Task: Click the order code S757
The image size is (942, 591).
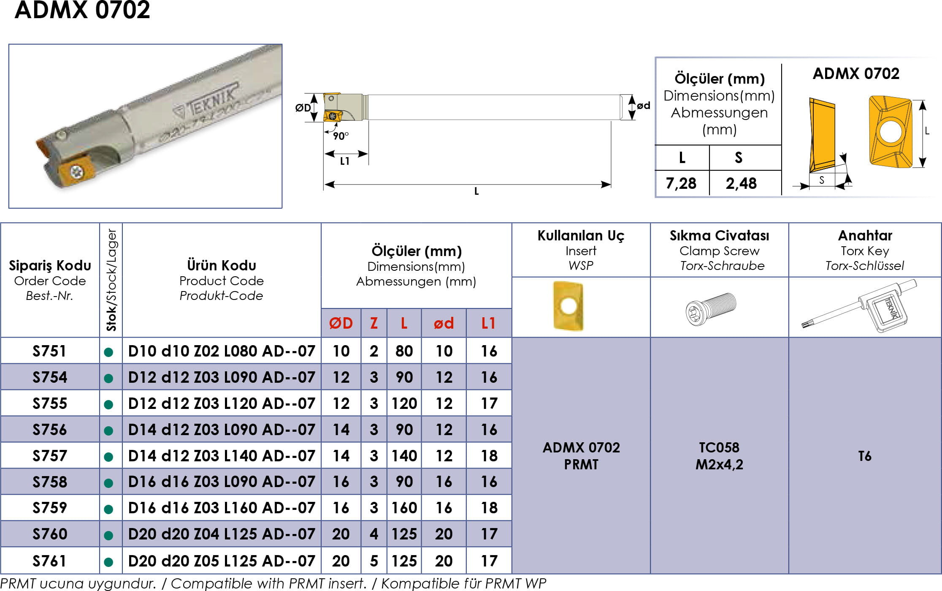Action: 50,456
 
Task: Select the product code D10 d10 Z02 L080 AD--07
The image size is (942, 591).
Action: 222,351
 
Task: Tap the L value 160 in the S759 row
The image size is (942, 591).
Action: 404,508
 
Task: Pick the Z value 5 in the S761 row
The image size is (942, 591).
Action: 374,561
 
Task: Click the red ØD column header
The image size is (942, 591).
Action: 341,323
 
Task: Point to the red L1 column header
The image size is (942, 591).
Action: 489,323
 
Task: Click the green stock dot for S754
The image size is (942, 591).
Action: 108,378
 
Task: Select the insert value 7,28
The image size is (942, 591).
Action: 681,183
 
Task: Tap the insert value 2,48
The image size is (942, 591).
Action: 741,183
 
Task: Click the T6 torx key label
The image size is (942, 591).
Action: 865,456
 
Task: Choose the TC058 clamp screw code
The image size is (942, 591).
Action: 719,447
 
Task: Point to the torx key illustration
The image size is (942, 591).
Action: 859,306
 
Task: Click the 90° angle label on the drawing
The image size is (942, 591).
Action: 341,136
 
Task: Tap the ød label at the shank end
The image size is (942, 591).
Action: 643,105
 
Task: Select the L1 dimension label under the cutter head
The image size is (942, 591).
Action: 345,161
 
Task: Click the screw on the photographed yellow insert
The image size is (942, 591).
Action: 77,172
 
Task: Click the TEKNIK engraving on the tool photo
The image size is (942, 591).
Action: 207,101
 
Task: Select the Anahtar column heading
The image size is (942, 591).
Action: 865,235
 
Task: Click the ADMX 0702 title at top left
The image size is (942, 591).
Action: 82,10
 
